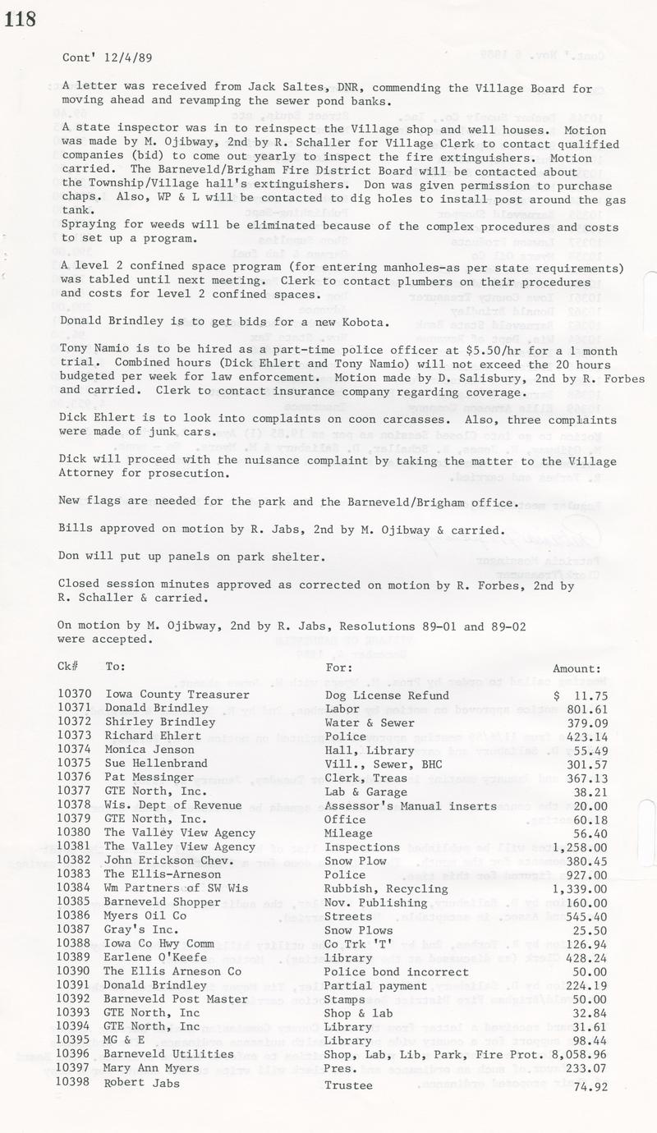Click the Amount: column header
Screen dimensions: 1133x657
click(577, 668)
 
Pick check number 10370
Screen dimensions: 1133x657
click(75, 695)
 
